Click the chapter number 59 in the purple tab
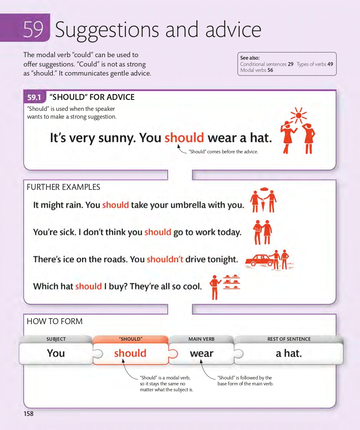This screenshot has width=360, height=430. pyautogui.click(x=33, y=30)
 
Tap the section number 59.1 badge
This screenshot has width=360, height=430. pyautogui.click(x=34, y=97)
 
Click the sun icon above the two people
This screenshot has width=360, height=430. pyautogui.click(x=298, y=115)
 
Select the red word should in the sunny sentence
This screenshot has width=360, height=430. pyautogui.click(x=184, y=138)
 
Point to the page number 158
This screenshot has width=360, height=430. pyautogui.click(x=28, y=414)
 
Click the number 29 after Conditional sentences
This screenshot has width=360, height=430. pyautogui.click(x=291, y=64)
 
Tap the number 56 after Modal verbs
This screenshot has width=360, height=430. pyautogui.click(x=270, y=70)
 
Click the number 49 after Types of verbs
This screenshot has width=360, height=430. pyautogui.click(x=330, y=64)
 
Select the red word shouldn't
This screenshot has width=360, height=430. pyautogui.click(x=165, y=259)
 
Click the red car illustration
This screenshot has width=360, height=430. pyautogui.click(x=258, y=260)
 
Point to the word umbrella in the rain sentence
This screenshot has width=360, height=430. pyautogui.click(x=188, y=205)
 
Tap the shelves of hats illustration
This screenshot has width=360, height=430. pyautogui.click(x=232, y=282)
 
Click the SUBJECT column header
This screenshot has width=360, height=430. pyautogui.click(x=56, y=339)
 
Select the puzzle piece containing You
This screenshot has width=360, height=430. pyautogui.click(x=56, y=353)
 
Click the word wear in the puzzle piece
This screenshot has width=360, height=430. pyautogui.click(x=202, y=353)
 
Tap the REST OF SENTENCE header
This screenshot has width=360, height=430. pyautogui.click(x=289, y=339)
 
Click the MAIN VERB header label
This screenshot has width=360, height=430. pyautogui.click(x=202, y=339)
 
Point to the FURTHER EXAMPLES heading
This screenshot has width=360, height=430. pyautogui.click(x=63, y=187)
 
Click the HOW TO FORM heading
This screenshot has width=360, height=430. pyautogui.click(x=55, y=321)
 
